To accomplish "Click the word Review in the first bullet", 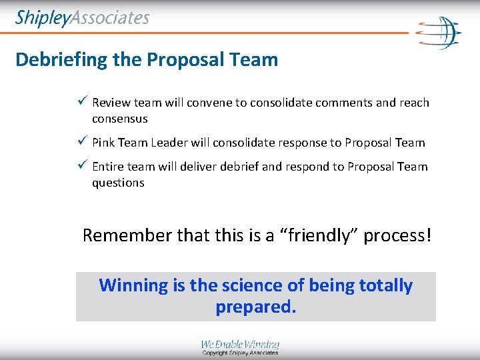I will click(x=111, y=103).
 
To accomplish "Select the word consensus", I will click(x=120, y=119).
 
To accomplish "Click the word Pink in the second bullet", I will click(x=103, y=143).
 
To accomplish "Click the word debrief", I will click(x=237, y=167).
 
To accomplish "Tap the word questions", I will click(x=118, y=183).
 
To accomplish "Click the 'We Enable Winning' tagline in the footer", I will click(x=240, y=345).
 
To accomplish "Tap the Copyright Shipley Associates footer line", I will click(x=240, y=353).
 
